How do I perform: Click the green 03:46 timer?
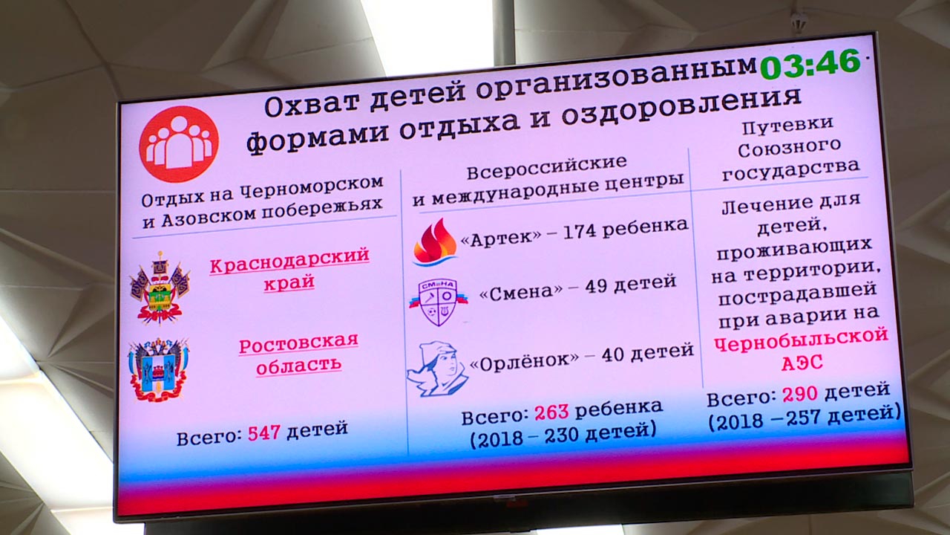click(810, 64)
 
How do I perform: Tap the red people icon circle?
click(179, 144)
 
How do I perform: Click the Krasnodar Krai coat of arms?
click(160, 288)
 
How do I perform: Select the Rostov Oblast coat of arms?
click(158, 369)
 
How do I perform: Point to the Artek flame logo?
click(435, 242)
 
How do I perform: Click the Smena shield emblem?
click(439, 302)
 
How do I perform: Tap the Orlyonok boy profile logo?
click(438, 369)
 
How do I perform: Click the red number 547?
click(263, 432)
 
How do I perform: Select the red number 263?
click(551, 412)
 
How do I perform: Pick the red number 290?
click(800, 394)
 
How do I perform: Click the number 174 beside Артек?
click(580, 233)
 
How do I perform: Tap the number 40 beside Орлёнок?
click(612, 355)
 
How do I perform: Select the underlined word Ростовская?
click(298, 344)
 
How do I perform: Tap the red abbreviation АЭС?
click(802, 363)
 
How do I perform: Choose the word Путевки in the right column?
click(787, 126)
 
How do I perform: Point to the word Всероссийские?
click(547, 168)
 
